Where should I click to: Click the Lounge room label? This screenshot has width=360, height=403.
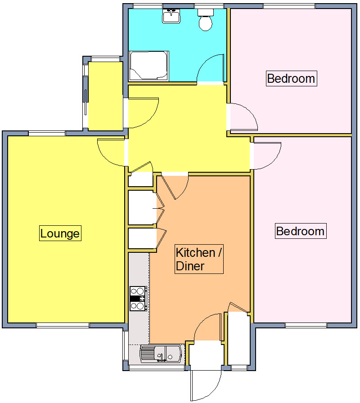60,233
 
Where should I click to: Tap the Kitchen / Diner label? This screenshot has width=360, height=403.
198,259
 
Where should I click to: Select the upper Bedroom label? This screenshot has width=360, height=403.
291,78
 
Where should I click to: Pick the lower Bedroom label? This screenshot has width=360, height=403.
300,231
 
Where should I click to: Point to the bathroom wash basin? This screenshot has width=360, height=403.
171,17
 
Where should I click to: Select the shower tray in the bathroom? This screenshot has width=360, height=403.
149,66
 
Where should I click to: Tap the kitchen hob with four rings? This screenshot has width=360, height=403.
138,298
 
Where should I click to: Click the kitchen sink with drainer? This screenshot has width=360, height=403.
162,354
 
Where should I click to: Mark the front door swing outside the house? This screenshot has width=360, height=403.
205,385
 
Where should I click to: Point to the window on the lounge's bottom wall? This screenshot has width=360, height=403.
63,325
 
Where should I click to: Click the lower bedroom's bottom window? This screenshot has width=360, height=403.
306,325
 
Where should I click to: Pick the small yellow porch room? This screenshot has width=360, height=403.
105,95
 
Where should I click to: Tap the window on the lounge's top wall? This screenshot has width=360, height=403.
47,133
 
